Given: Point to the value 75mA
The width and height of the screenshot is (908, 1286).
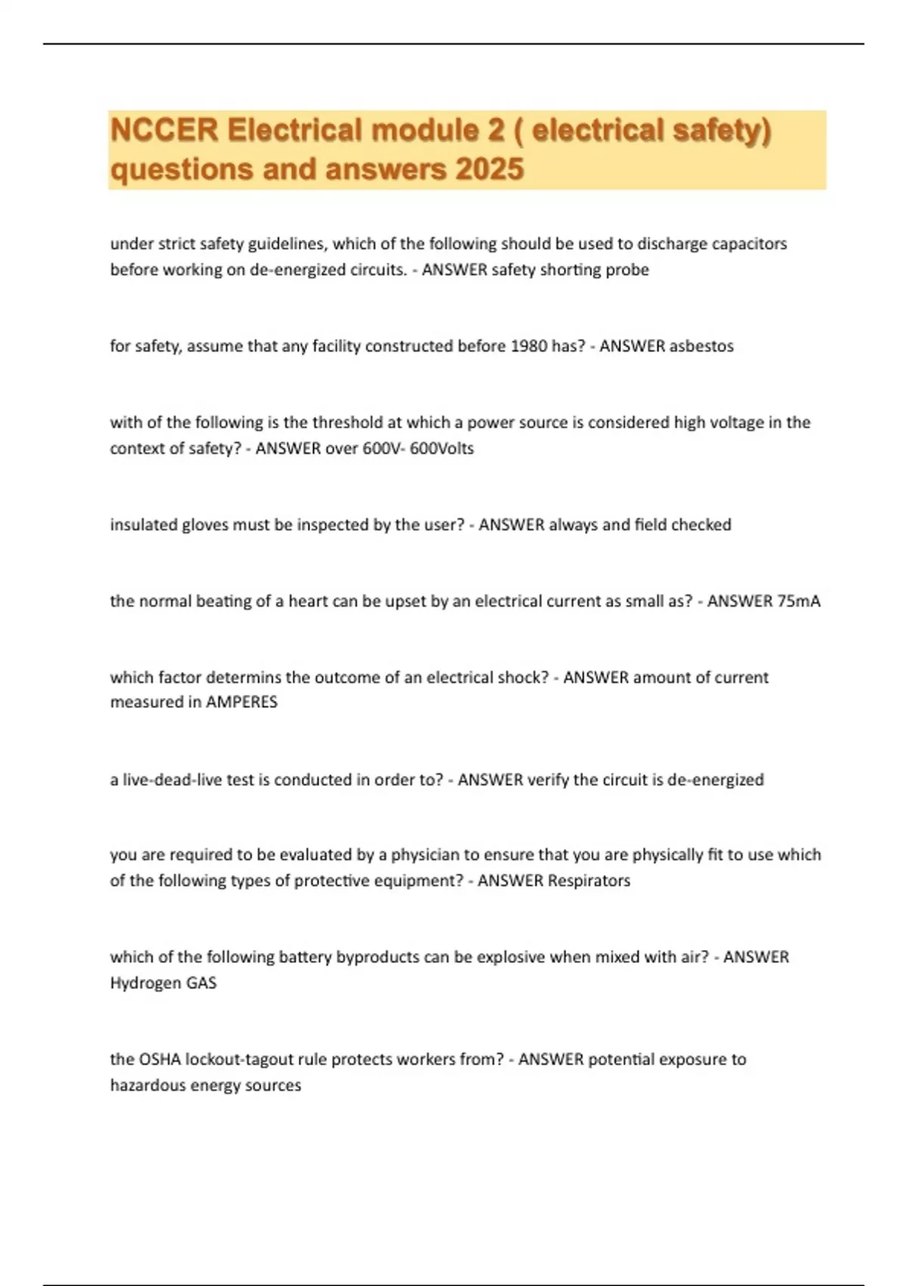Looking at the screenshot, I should [798, 601].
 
